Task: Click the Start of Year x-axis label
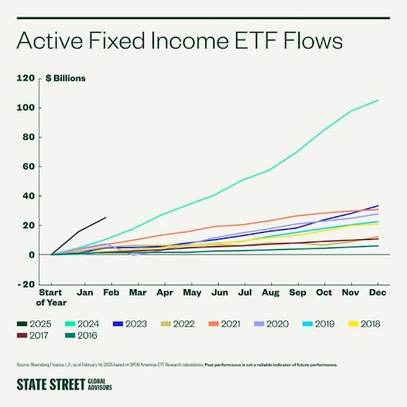coord(51,297)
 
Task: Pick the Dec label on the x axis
coord(376,292)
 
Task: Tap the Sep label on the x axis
coord(296,292)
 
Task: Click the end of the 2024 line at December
coord(378,100)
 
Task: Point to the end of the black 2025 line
coord(106,217)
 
